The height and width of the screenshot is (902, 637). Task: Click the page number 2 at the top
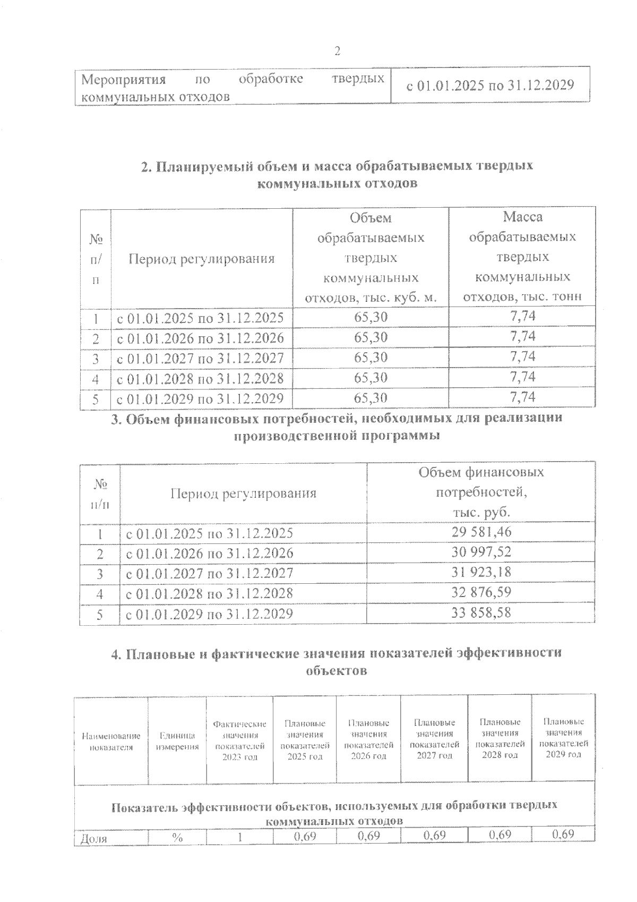(337, 52)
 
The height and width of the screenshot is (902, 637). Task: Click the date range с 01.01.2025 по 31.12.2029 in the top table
(490, 85)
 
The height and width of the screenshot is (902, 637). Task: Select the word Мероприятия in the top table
(123, 80)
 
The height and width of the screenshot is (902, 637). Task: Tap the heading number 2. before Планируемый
(147, 166)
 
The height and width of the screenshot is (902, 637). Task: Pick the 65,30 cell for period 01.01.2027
(371, 358)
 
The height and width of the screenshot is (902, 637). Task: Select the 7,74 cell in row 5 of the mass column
(522, 397)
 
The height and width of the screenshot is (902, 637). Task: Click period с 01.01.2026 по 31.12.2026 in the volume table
(201, 338)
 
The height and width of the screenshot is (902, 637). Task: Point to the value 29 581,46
(481, 532)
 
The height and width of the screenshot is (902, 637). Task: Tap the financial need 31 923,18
(481, 573)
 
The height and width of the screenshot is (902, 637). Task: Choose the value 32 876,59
(481, 593)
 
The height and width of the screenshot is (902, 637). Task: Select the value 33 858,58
(481, 613)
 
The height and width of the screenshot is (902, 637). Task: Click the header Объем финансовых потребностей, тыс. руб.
(481, 492)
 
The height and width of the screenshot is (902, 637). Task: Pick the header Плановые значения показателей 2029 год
(563, 738)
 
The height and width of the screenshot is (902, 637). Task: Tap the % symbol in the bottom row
(177, 838)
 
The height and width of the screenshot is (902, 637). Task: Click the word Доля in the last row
(93, 839)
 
